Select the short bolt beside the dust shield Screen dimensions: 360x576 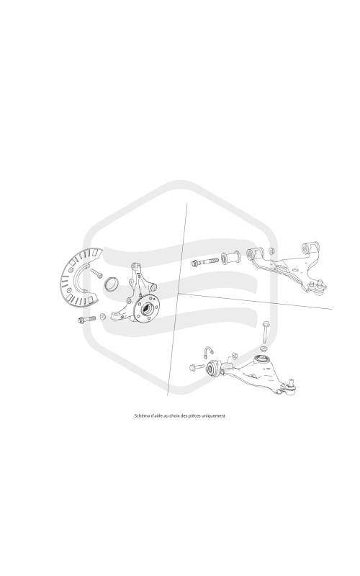pos(96,273)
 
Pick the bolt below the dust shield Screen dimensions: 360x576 pos(86,319)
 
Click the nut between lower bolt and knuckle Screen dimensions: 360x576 pos(102,316)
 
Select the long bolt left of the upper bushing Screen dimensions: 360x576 pos(205,262)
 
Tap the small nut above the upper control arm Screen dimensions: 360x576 pos(271,251)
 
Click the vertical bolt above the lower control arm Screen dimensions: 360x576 pos(266,332)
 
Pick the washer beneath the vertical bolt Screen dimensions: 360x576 pos(264,348)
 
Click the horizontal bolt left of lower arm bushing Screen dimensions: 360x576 pos(197,366)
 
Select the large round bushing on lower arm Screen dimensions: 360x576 pos(212,368)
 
